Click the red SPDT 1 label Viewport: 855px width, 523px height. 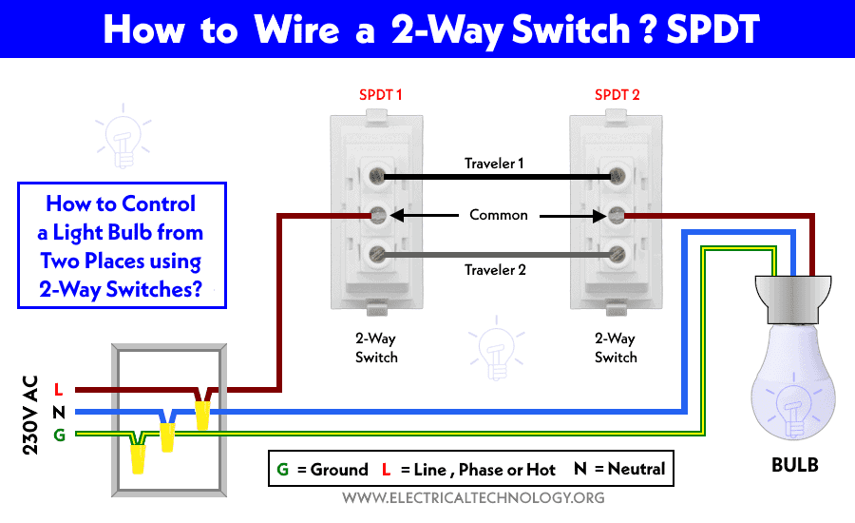point(380,95)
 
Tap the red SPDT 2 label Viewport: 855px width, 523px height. point(617,95)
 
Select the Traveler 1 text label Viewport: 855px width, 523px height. point(494,164)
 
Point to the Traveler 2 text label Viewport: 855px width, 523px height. point(495,270)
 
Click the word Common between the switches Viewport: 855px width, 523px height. point(499,215)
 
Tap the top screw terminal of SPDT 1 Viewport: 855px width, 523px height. point(377,176)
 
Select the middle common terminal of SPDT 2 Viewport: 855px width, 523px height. point(617,215)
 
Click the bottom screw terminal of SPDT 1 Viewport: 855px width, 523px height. point(377,254)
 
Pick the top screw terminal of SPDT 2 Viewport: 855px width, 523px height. point(617,176)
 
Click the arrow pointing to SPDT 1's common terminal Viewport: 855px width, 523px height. point(425,216)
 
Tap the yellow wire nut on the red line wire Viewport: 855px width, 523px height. point(202,415)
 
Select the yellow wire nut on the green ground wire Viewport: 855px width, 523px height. point(138,458)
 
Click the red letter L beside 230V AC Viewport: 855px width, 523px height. point(58,390)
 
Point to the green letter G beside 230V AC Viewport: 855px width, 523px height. point(59,436)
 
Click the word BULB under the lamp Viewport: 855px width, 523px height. point(794,465)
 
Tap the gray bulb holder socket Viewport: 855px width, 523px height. point(793,300)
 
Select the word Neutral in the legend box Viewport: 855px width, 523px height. point(636,469)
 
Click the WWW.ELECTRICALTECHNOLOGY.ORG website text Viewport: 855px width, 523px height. point(473,498)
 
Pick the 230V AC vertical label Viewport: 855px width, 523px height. point(30,415)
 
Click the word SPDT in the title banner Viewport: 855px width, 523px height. point(712,29)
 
